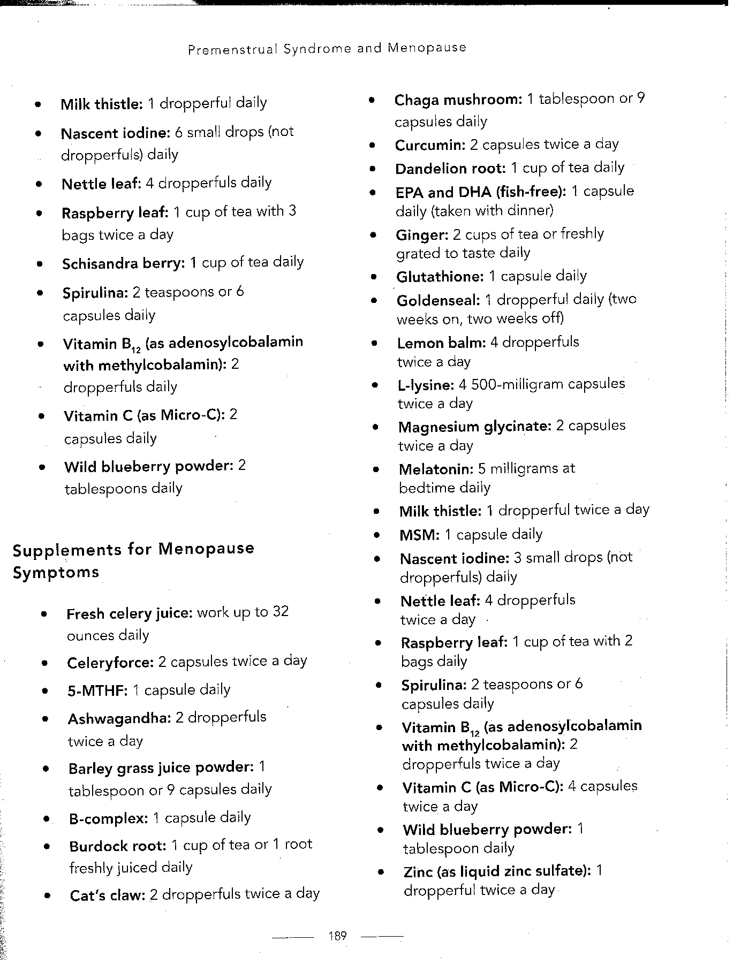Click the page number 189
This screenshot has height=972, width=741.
(337, 936)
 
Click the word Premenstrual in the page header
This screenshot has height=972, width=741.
(232, 49)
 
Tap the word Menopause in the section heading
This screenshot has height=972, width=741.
(206, 549)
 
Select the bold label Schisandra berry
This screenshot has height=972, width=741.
(123, 263)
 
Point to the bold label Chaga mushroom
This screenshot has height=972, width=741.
(458, 100)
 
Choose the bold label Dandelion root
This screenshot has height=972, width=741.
(450, 169)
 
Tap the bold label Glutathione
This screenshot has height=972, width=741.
(440, 277)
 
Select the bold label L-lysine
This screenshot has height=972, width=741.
(426, 385)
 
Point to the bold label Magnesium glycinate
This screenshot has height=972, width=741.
(474, 427)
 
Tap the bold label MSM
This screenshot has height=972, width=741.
(419, 535)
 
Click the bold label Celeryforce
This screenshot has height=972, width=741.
(110, 663)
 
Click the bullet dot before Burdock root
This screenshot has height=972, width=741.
(48, 847)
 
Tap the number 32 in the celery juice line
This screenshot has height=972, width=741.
(281, 611)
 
